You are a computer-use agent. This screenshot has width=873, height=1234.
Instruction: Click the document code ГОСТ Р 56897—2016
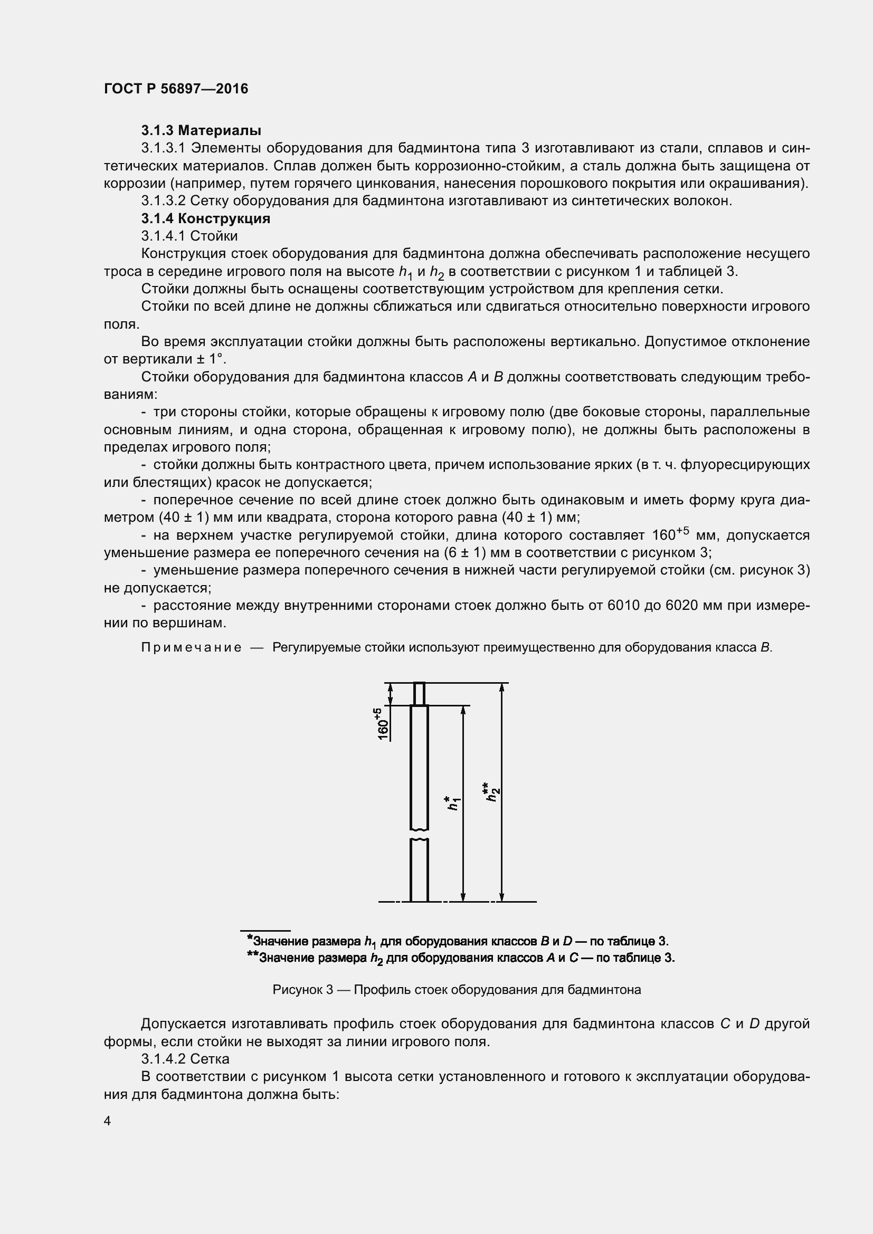[x=176, y=89]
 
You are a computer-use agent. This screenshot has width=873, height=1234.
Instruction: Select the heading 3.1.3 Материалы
[x=201, y=130]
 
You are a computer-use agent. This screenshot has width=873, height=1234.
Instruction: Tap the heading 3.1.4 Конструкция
[x=205, y=218]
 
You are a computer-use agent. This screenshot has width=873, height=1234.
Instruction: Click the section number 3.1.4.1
[x=163, y=236]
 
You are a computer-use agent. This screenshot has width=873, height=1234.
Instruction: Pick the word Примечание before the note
[x=191, y=647]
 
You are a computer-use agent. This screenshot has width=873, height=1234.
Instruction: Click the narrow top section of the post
[x=419, y=693]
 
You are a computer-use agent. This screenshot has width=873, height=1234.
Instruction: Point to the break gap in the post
[x=419, y=835]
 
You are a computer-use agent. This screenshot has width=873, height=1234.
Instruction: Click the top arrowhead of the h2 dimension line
[x=502, y=687]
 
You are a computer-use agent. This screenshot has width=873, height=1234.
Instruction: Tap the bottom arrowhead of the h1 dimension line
[x=463, y=897]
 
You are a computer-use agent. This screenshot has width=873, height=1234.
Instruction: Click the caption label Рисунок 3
[x=302, y=990]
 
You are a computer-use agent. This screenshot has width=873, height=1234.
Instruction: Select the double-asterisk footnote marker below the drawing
[x=253, y=956]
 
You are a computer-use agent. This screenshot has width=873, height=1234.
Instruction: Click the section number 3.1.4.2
[x=163, y=1059]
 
